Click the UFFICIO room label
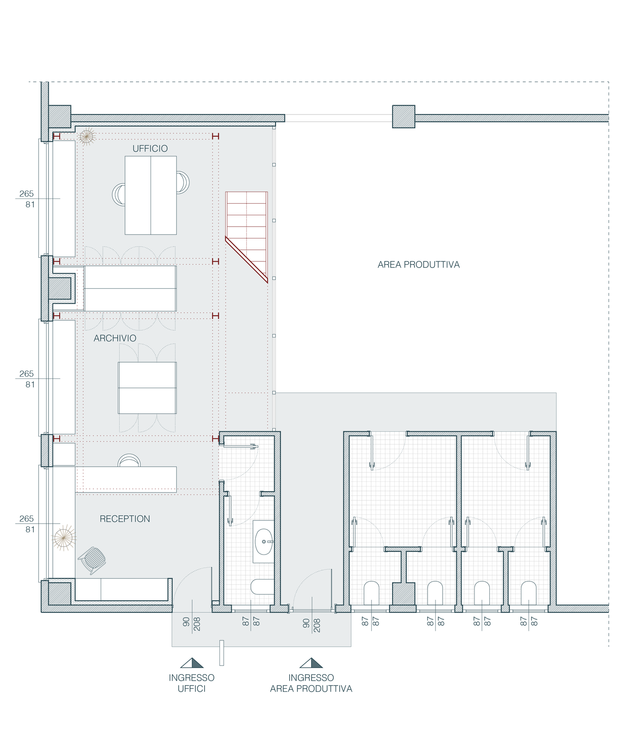pos(150,149)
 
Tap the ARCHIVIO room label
pos(115,338)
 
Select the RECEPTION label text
pos(125,519)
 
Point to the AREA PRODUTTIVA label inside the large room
pos(418,264)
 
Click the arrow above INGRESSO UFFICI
pos(192,663)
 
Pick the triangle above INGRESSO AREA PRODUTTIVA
pos(311,663)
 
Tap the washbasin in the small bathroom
pos(264,542)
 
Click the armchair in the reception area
pos(92,560)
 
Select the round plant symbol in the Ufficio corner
pos(87,137)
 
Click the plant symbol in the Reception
pos(64,538)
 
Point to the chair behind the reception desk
pos(129,460)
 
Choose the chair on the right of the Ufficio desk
pos(183,182)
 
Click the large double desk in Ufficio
pos(151,195)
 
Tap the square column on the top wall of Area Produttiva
pos(403,117)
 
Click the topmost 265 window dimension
pos(26,194)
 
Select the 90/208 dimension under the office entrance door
pos(192,624)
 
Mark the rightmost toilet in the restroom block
pos(529,593)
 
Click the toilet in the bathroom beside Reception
pos(263,587)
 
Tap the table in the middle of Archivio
pos(147,388)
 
